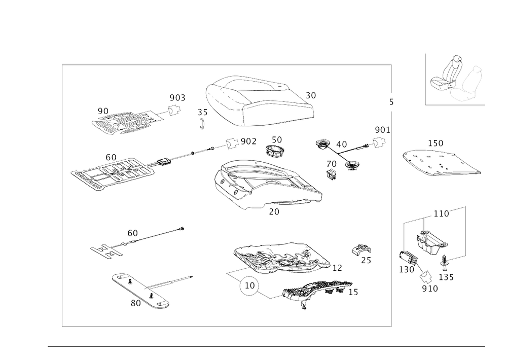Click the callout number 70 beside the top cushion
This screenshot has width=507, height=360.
[310, 95]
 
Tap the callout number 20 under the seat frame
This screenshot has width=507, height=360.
[274, 212]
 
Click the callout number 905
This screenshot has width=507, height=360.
[177, 97]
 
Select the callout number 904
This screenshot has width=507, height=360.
[248, 141]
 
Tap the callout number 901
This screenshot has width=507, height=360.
[382, 130]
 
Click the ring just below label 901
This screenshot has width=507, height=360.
[378, 143]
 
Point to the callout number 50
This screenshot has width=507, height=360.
[276, 139]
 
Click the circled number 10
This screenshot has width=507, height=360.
[249, 287]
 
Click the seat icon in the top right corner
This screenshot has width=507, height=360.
[456, 80]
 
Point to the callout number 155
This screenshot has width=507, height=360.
[407, 268]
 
